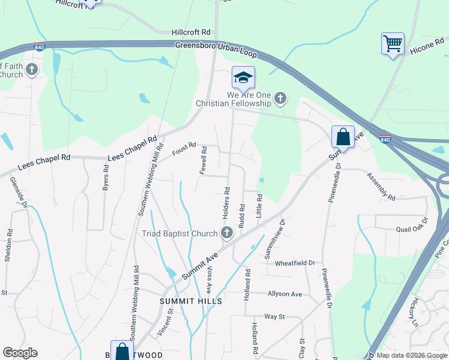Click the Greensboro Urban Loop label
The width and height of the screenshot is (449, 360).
(x=216, y=49)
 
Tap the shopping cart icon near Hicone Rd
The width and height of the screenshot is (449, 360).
(x=393, y=43)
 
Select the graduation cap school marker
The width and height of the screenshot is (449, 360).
(x=243, y=77)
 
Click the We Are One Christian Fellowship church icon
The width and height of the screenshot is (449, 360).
(x=280, y=98)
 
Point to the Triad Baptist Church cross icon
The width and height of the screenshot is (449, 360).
(x=226, y=233)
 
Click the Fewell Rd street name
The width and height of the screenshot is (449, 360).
(x=204, y=160)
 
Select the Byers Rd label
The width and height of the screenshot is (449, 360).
(x=106, y=178)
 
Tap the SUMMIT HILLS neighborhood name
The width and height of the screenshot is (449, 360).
(x=191, y=301)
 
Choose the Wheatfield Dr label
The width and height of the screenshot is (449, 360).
(x=295, y=263)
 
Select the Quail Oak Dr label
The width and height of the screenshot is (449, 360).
(x=414, y=229)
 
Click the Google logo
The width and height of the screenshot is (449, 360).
(x=20, y=353)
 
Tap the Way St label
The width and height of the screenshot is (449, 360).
(x=274, y=316)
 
